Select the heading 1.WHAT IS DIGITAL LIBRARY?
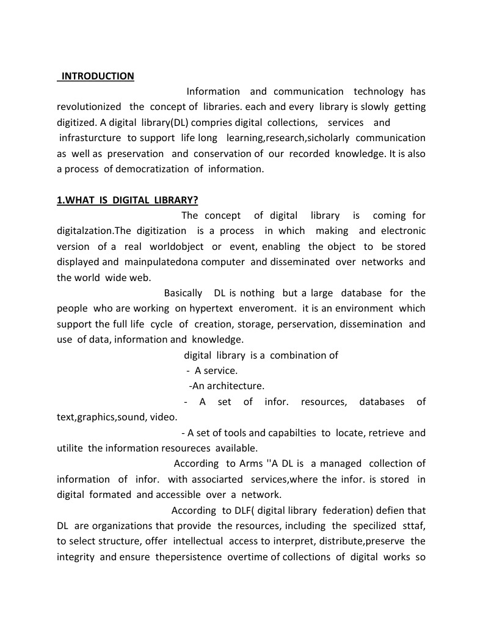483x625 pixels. pyautogui.click(x=127, y=200)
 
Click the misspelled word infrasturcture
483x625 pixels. pyautogui.click(x=90, y=138)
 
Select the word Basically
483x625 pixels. pyautogui.click(x=185, y=293)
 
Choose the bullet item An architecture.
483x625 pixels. pyautogui.click(x=227, y=386)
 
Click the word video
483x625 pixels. pyautogui.click(x=162, y=417)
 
